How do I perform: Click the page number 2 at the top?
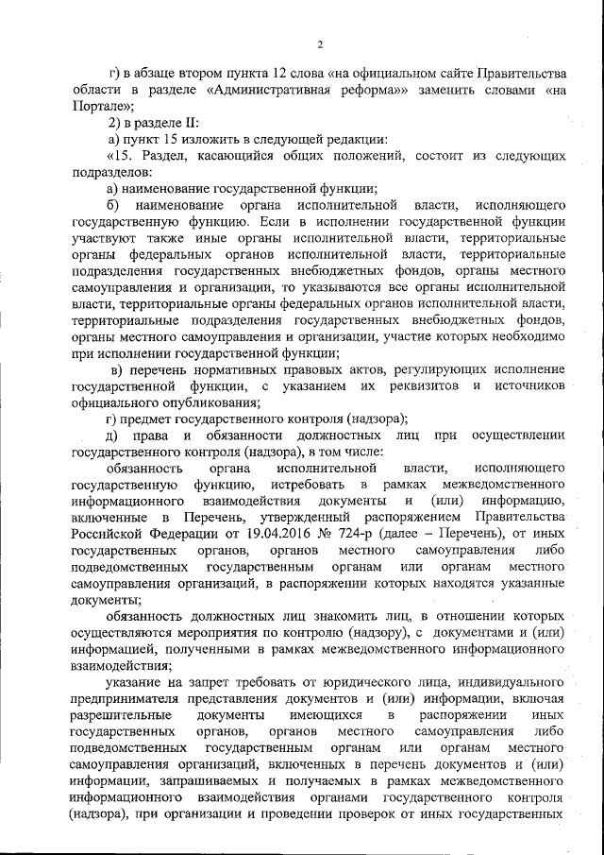pyautogui.click(x=320, y=44)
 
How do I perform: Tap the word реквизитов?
pyautogui.click(x=414, y=386)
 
